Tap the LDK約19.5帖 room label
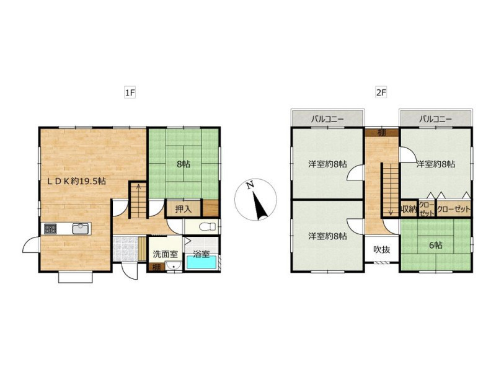coord(76,181)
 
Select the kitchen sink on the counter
coord(81,228)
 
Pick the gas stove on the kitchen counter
coord(50,229)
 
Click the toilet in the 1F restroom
coord(208,226)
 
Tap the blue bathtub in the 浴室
coord(201,262)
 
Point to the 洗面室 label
coord(166,254)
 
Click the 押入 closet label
coord(184,209)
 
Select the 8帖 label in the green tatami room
coord(184,164)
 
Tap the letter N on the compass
coord(250,185)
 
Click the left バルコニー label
coord(327,119)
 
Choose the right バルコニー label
coord(436,119)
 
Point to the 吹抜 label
coord(382,250)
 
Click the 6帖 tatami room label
coord(436,245)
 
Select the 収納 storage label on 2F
coord(409,209)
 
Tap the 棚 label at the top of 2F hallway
coord(382,133)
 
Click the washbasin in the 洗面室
coord(173,266)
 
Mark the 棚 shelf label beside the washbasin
coord(157,268)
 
